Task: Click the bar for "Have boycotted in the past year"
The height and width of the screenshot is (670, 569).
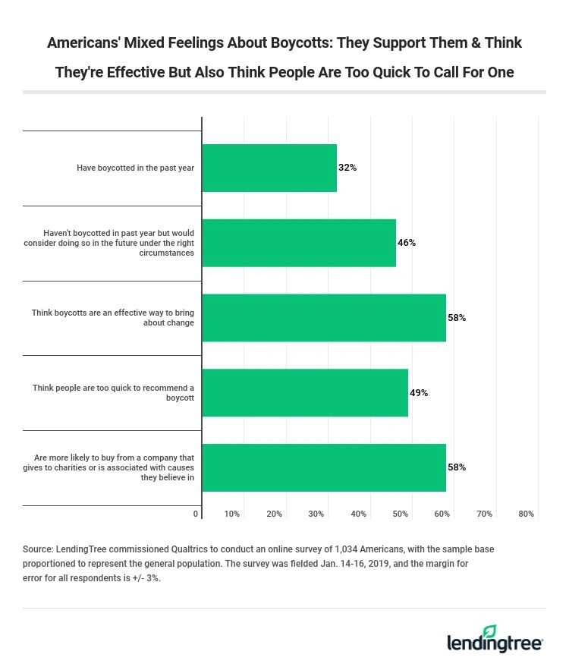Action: coord(269,168)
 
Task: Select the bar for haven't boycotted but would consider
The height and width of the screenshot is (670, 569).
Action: coord(299,243)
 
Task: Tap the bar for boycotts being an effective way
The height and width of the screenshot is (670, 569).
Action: coord(324,318)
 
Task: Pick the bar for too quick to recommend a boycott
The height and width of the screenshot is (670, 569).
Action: coord(305,393)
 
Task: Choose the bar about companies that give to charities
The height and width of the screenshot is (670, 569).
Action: coord(324,467)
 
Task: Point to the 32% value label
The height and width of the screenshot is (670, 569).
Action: coord(347,168)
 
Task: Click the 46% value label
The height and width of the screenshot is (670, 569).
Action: coord(407,243)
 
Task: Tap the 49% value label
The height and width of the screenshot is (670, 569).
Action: coord(419,393)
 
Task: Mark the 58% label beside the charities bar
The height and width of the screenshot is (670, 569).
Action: coord(457,467)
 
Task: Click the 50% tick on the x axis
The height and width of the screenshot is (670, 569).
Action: coord(401,514)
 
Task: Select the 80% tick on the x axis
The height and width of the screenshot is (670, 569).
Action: coord(527,514)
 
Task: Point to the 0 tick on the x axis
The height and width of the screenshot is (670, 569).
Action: coord(196,514)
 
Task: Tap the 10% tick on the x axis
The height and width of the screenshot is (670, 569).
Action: coord(232,514)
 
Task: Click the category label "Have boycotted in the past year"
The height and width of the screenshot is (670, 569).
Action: coord(135,168)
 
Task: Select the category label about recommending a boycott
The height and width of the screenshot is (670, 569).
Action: coord(114,392)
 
